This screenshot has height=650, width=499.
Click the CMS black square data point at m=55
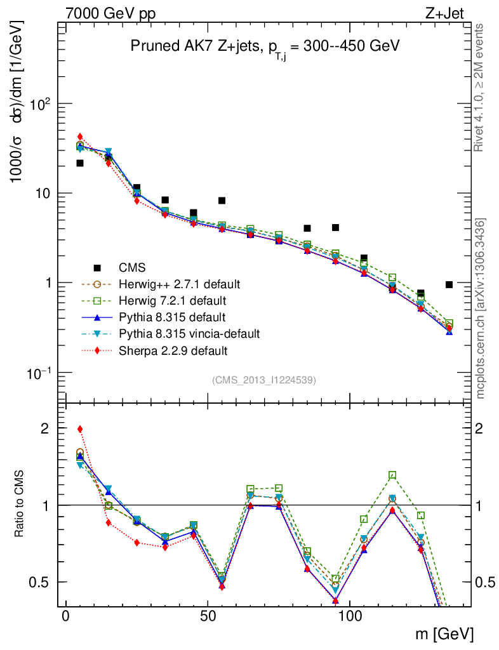[222, 201]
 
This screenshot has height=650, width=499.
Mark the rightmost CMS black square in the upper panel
[449, 284]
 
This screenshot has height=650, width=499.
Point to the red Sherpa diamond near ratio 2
[80, 429]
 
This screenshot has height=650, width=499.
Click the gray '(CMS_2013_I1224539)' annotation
[264, 380]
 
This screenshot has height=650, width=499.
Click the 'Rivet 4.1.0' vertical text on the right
[480, 88]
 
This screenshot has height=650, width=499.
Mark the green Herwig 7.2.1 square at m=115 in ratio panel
[392, 475]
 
